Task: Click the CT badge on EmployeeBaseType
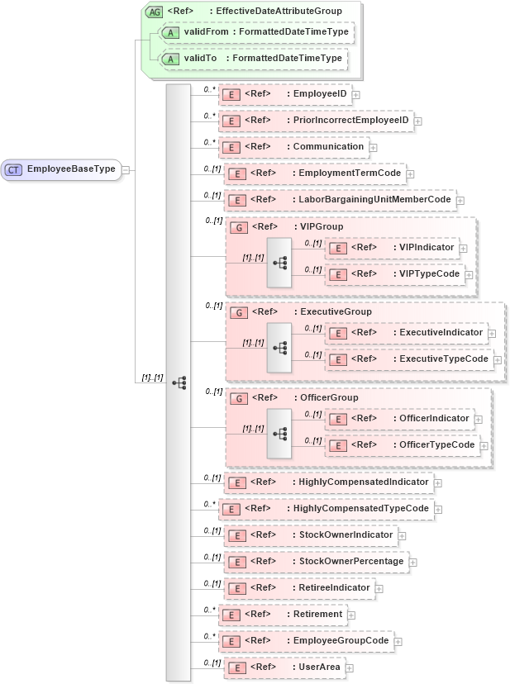point(14,169)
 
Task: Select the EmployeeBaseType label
point(71,169)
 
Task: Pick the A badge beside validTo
point(170,59)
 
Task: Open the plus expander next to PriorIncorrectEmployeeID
point(417,121)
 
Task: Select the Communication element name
point(329,147)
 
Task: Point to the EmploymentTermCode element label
point(350,173)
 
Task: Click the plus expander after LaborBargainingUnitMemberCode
point(460,200)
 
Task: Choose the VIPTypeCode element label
point(427,273)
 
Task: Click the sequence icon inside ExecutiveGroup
point(279,347)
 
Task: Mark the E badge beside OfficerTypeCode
point(337,445)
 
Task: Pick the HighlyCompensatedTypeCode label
point(361,508)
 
